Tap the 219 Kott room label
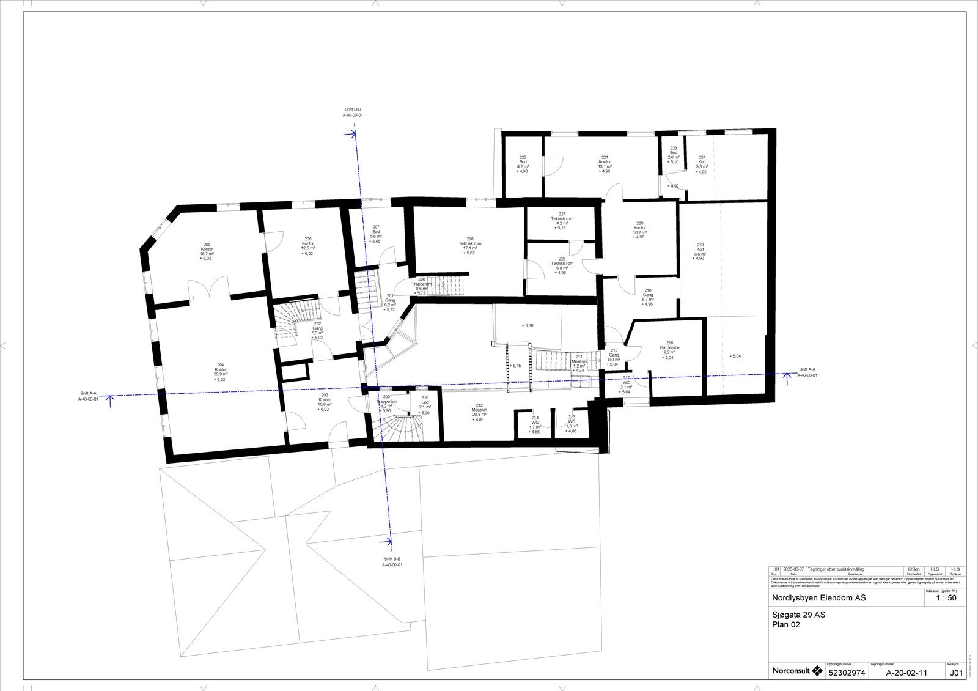pos(700,251)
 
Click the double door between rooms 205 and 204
pos(210,289)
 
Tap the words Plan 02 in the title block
pos(786,625)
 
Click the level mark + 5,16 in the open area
pos(528,326)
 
